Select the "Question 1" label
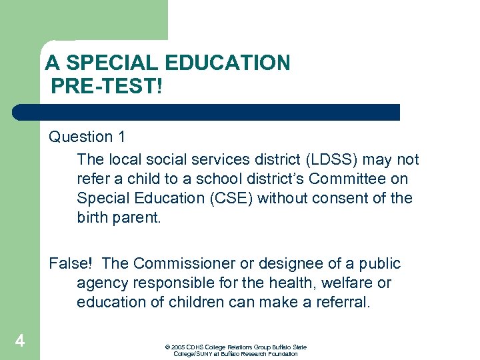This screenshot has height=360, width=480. click(x=87, y=137)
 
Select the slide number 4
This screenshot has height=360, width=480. click(x=20, y=342)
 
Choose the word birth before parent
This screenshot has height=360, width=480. click(x=92, y=218)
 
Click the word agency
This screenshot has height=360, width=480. click(x=101, y=283)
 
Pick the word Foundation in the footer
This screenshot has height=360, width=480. click(x=284, y=354)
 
